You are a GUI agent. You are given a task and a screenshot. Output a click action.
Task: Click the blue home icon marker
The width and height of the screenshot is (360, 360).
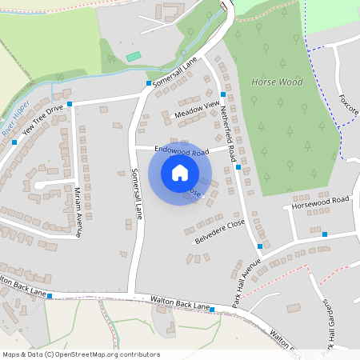click(180, 173)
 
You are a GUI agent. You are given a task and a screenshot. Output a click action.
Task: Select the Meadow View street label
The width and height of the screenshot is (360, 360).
click(196, 110)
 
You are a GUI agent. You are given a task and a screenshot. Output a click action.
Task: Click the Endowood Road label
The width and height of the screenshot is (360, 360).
click(182, 150)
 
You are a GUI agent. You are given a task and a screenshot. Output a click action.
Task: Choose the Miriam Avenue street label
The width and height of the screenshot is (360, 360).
click(78, 213)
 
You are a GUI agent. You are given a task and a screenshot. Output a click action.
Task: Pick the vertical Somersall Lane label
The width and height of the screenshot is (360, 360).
click(136, 194)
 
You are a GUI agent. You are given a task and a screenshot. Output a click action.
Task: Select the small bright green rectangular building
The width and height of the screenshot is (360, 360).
click(134, 57)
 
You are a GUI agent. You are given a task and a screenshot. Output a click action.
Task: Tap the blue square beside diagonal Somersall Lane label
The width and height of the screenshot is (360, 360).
click(149, 83)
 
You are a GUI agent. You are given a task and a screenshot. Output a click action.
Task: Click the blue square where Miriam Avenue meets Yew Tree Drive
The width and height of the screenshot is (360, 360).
click(70, 104)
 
